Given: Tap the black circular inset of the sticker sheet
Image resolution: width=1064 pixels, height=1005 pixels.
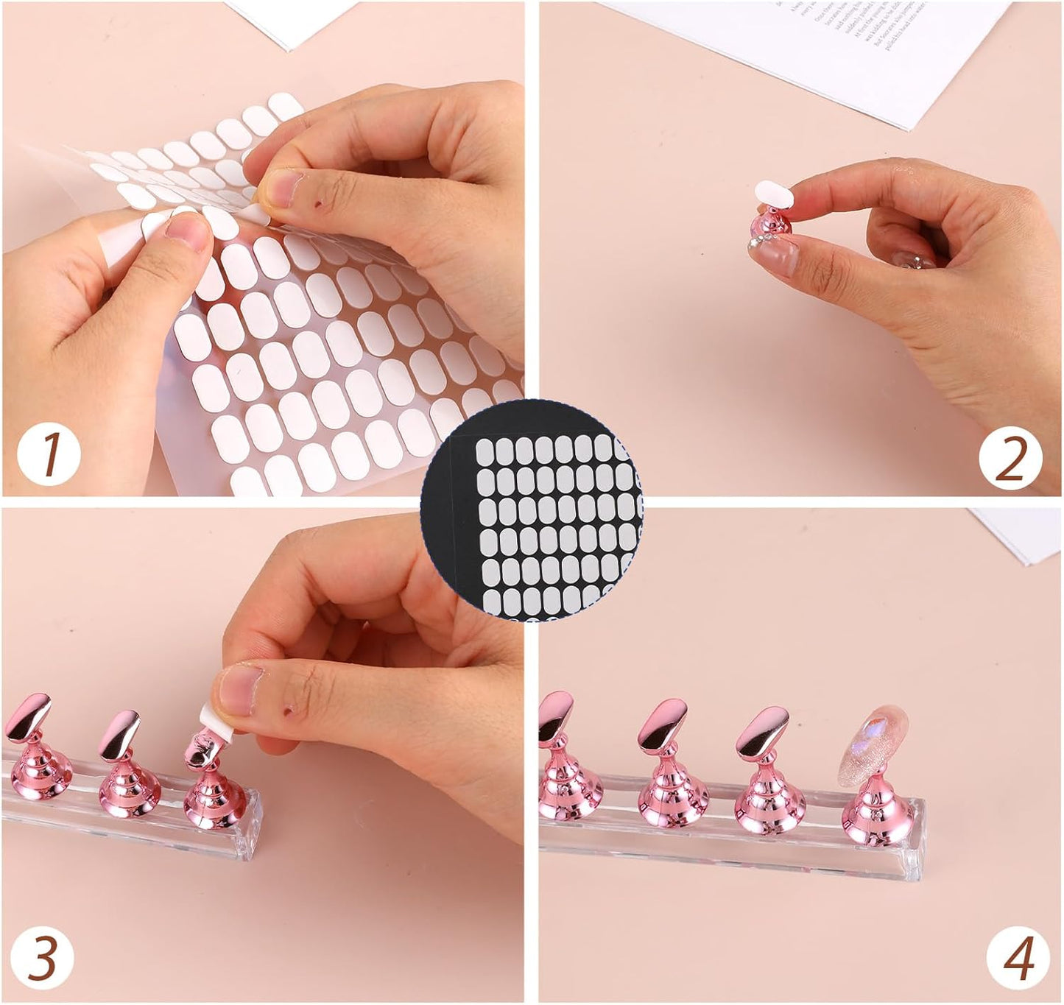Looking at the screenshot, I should [532, 511].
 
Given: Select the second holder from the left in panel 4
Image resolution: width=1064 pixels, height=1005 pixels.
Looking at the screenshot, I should [663, 766].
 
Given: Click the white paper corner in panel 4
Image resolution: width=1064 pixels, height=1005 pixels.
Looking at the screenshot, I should [1024, 530].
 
